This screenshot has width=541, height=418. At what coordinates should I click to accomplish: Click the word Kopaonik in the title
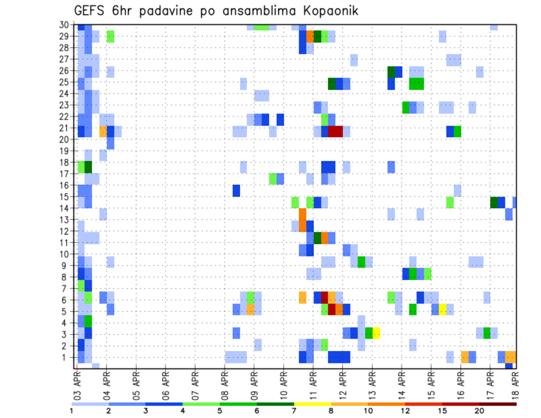pos(326,11)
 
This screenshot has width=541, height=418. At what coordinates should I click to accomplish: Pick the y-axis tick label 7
pos(65,288)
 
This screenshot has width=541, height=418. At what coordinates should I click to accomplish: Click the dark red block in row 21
pos(335,131)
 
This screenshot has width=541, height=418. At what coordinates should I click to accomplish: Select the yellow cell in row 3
pos(376,333)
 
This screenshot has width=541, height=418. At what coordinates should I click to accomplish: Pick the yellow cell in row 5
pos(442,309)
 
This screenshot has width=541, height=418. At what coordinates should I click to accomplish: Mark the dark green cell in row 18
pos(88,167)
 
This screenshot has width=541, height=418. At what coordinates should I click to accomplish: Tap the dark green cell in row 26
pos(391,72)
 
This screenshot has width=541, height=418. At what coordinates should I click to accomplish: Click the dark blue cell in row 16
pos(236,190)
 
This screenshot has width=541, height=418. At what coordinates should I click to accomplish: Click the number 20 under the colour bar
pos(480,411)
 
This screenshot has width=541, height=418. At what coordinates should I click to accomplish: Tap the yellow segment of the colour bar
pos(312,403)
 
